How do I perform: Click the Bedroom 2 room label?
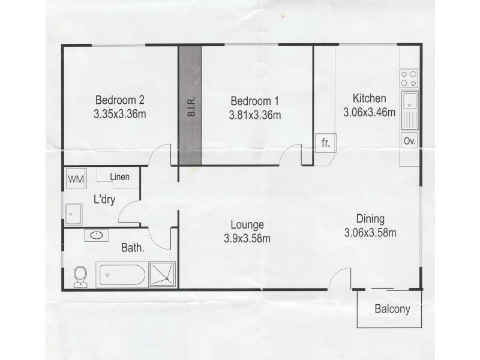pyautogui.click(x=120, y=100)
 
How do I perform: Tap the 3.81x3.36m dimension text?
pyautogui.click(x=256, y=115)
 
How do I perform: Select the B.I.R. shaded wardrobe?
pyautogui.click(x=190, y=107)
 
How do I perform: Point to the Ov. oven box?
pyautogui.click(x=410, y=142)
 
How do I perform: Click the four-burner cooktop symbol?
pyautogui.click(x=410, y=79)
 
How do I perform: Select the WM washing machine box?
pyautogui.click(x=76, y=178)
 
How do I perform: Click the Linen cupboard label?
pyautogui.click(x=121, y=176)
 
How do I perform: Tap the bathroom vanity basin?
pyautogui.click(x=95, y=235)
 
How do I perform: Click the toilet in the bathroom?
pyautogui.click(x=80, y=276)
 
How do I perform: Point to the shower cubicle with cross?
pyautogui.click(x=163, y=274)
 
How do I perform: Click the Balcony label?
pyautogui.click(x=392, y=310)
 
